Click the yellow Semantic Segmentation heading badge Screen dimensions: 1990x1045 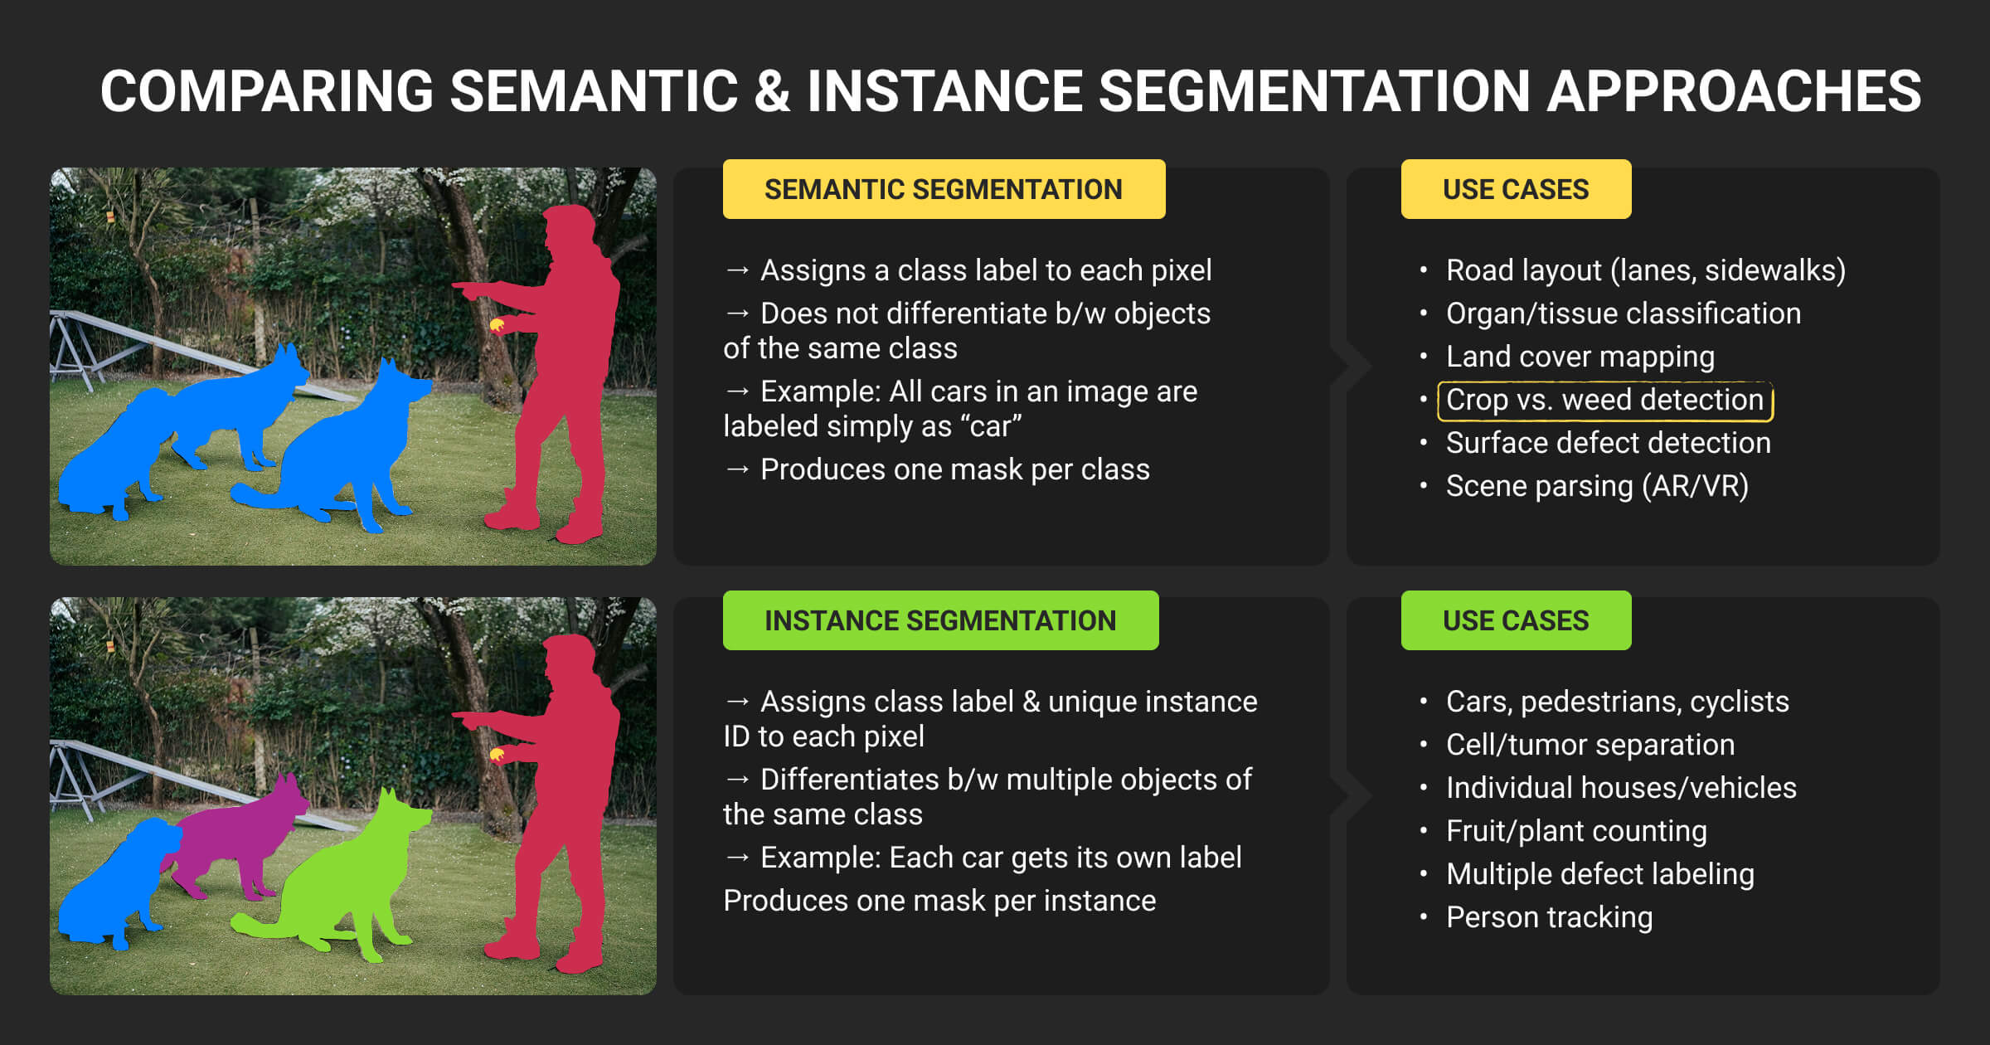(944, 189)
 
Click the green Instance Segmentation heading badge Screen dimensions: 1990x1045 (940, 620)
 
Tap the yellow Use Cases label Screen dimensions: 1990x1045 (1516, 189)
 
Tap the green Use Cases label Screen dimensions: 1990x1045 (1516, 620)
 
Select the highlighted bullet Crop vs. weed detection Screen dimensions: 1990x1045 (1604, 400)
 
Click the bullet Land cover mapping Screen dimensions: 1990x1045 (1580, 357)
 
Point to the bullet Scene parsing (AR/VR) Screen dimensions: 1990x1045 (1597, 486)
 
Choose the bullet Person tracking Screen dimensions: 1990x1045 (1549, 917)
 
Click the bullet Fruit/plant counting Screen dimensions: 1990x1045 (1576, 831)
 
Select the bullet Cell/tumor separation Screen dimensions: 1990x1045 (1590, 745)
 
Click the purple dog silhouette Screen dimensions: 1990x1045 (236, 838)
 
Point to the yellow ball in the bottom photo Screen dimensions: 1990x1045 (498, 754)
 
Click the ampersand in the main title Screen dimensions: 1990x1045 (772, 91)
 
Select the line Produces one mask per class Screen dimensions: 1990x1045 (937, 469)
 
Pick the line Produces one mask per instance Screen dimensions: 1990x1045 (939, 901)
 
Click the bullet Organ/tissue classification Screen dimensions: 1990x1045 (1623, 313)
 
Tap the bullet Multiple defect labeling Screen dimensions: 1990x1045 (1599, 874)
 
